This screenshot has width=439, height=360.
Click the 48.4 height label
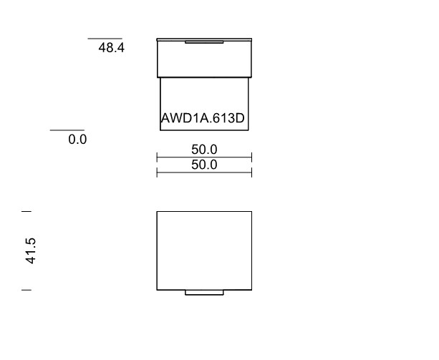coord(111,47)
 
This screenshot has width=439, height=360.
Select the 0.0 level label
coord(77,140)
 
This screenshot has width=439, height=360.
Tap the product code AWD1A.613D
coord(203,118)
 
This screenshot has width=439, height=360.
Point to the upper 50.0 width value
coord(204,150)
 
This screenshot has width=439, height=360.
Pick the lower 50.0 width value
coord(204,165)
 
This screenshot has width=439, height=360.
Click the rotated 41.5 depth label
coord(31,250)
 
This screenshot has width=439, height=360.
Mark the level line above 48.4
coord(105,39)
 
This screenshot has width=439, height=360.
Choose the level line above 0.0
coord(67,130)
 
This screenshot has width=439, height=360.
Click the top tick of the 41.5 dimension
coord(26,211)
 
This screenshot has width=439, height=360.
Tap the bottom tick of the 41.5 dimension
coord(26,290)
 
